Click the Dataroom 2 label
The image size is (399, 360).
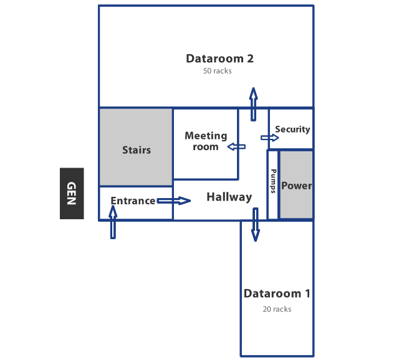pos(219,59)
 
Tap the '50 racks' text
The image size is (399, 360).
pos(217,71)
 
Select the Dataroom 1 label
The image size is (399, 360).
pos(277,293)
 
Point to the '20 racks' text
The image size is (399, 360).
pos(277,309)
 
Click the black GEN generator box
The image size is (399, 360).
pos(72,193)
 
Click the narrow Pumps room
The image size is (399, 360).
pos(273,184)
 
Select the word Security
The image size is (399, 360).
pos(292,130)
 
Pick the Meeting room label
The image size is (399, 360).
pos(206,141)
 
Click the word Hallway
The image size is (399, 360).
pos(229,197)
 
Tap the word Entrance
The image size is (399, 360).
pos(133,201)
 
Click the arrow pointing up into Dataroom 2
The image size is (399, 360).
pos(253,103)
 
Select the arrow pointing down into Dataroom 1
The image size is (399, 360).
pos(255,224)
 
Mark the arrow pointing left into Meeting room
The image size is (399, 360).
pos(236,147)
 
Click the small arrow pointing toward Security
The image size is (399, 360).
pos(270,138)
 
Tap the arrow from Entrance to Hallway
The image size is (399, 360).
pos(173,201)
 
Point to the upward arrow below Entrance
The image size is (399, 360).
pos(113,222)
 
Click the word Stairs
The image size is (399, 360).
pos(136,150)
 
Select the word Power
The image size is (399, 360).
pos(296,186)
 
